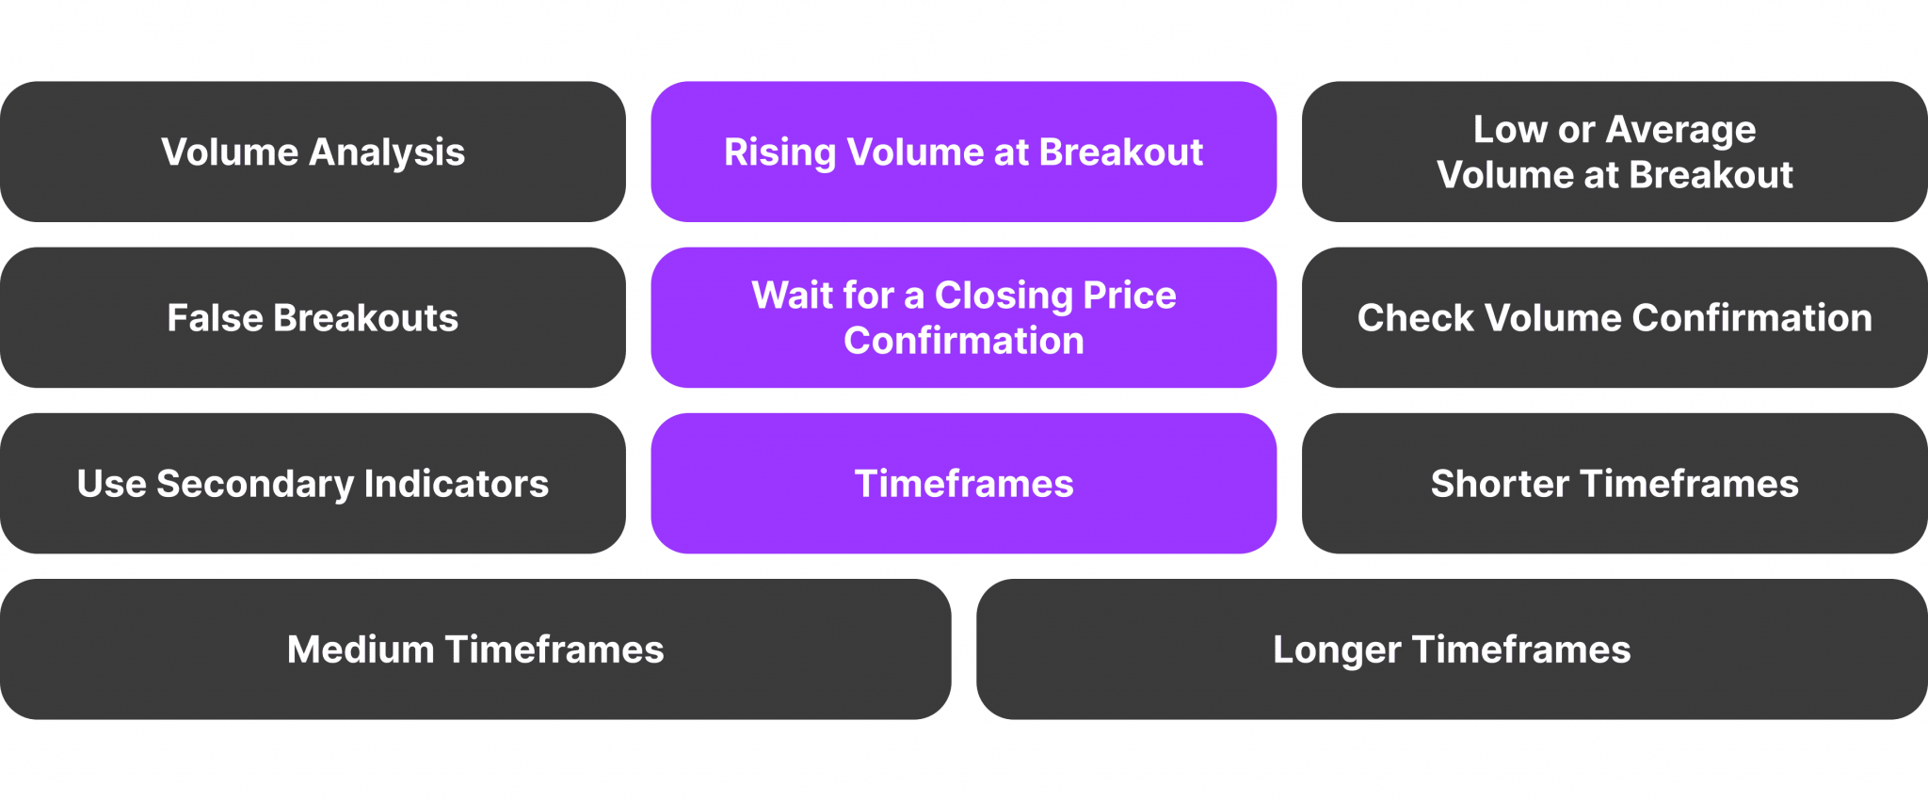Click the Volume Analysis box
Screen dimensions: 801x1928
313,152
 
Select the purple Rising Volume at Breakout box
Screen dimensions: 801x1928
963,152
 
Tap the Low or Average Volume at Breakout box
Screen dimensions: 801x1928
1615,152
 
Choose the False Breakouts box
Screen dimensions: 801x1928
313,317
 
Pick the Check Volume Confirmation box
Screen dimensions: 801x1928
1615,317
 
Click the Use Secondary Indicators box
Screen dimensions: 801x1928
313,483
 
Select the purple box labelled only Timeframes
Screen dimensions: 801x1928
963,483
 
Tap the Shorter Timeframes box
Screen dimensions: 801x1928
1615,483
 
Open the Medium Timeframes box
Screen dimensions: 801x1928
475,649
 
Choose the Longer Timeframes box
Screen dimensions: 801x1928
1452,649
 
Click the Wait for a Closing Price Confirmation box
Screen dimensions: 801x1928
963,317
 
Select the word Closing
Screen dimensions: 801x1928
1004,296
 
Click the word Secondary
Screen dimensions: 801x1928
254,484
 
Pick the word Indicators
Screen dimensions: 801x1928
457,484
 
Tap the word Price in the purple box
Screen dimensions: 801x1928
1130,296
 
